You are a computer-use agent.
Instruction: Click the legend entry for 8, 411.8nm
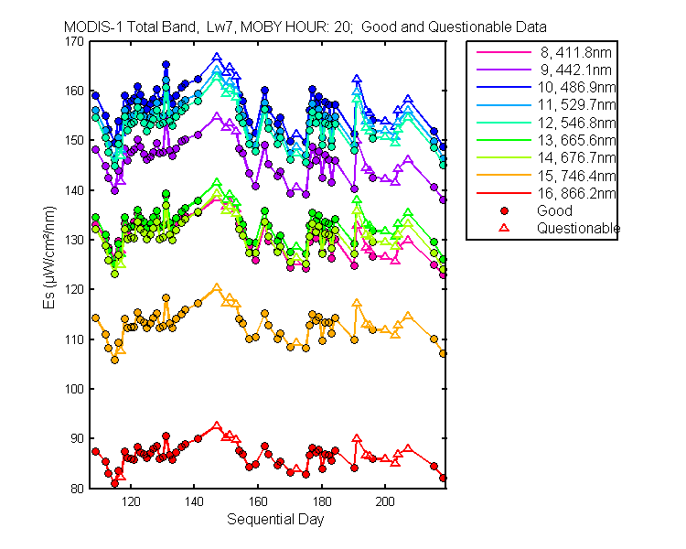(575, 52)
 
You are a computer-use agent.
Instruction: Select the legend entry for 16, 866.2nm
(576, 193)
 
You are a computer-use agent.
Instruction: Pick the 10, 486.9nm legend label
(576, 88)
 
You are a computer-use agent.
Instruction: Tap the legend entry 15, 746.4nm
(576, 176)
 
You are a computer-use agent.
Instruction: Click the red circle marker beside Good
(504, 211)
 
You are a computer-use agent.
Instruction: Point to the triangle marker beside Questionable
(504, 228)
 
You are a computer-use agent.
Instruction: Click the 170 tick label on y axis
(74, 41)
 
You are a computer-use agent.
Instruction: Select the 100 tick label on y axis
(74, 389)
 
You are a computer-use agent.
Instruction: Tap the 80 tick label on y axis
(77, 489)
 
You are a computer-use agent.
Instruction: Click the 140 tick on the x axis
(194, 501)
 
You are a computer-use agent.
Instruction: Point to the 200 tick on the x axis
(385, 501)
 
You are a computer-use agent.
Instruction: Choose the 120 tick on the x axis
(131, 501)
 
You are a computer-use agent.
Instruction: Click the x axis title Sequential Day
(275, 519)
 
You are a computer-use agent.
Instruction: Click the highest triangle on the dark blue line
(217, 57)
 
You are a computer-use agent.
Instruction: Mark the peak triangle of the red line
(217, 425)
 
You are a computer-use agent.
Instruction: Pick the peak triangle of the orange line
(217, 287)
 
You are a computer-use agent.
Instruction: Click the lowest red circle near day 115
(114, 483)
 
